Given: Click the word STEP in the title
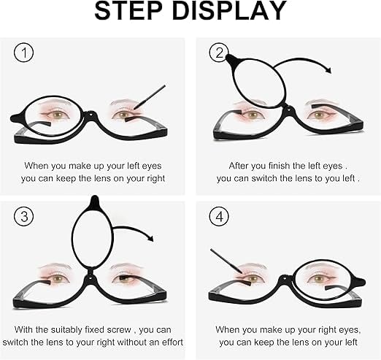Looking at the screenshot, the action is point(128,11).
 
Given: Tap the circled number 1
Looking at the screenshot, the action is point(24,53).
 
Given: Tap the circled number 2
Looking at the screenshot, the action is point(219,53).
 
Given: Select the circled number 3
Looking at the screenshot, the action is point(24,216).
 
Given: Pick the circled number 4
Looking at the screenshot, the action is point(219,216).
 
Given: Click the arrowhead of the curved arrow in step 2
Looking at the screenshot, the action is point(328,70).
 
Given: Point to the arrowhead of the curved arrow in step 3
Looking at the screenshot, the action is point(150,238).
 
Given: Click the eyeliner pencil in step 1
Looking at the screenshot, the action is point(150,97).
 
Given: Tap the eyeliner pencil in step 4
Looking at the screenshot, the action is point(226,261).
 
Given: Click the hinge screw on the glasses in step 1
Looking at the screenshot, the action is point(91,113).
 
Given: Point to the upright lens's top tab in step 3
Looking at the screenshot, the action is point(94,201).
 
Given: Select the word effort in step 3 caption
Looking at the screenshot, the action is point(172,342).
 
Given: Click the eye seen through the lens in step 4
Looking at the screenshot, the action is point(318,278).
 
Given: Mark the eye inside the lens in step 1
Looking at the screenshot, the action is point(58,114).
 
